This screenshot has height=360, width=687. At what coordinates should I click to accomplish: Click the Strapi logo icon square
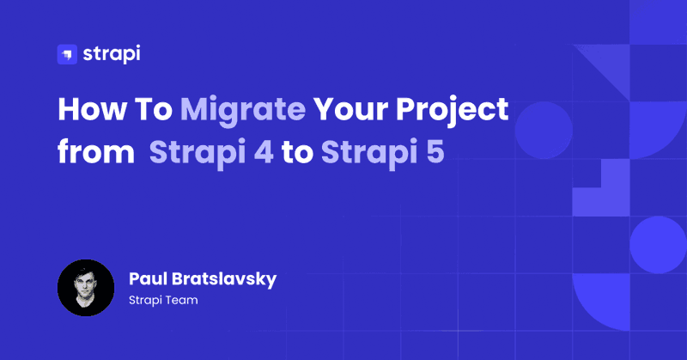pyautogui.click(x=67, y=54)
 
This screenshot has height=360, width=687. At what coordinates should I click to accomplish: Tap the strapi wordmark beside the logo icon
pyautogui.click(x=112, y=54)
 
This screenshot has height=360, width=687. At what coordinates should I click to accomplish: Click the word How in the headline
pyautogui.click(x=92, y=109)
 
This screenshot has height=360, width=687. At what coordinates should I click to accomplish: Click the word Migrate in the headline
pyautogui.click(x=243, y=112)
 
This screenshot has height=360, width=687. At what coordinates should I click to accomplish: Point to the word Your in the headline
pyautogui.click(x=350, y=109)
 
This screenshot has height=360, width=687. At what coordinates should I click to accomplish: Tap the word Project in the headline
pyautogui.click(x=453, y=112)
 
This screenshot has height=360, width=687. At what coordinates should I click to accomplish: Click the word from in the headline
pyautogui.click(x=96, y=152)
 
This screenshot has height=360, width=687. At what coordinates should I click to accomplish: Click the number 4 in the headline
pyautogui.click(x=264, y=152)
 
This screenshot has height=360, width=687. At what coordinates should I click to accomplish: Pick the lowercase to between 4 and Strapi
pyautogui.click(x=297, y=153)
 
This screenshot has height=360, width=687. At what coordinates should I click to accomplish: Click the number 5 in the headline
pyautogui.click(x=435, y=152)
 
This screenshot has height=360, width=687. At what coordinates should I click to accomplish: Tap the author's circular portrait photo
pyautogui.click(x=86, y=288)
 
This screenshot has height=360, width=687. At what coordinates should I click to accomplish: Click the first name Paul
pyautogui.click(x=147, y=279)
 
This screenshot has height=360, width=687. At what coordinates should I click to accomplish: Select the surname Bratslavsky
pyautogui.click(x=224, y=280)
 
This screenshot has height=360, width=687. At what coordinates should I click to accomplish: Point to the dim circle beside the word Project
pyautogui.click(x=544, y=131)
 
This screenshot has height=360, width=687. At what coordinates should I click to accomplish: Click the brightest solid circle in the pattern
pyautogui.click(x=658, y=245)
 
